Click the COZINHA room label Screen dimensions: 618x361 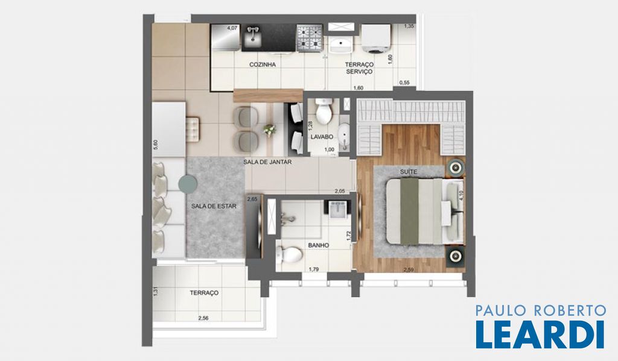pyautogui.click(x=263, y=64)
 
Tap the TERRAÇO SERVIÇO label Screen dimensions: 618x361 pyautogui.click(x=359, y=68)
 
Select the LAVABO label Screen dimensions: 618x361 pyautogui.click(x=322, y=137)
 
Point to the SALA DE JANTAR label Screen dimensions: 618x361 pyautogui.click(x=267, y=162)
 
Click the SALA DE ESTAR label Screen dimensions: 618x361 pyautogui.click(x=214, y=206)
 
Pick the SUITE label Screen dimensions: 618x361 pyautogui.click(x=409, y=172)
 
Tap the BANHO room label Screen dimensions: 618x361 pyautogui.click(x=319, y=245)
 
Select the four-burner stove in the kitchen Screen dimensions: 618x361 pyautogui.click(x=310, y=38)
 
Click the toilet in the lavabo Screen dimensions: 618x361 pyautogui.click(x=324, y=110)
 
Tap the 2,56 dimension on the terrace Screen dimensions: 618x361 pyautogui.click(x=203, y=318)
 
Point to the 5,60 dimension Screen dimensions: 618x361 pyautogui.click(x=156, y=145)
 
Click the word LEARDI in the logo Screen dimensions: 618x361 pyautogui.click(x=540, y=334)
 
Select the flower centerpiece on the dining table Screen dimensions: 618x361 pyautogui.click(x=270, y=130)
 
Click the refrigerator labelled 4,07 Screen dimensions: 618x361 pyautogui.click(x=226, y=37)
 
